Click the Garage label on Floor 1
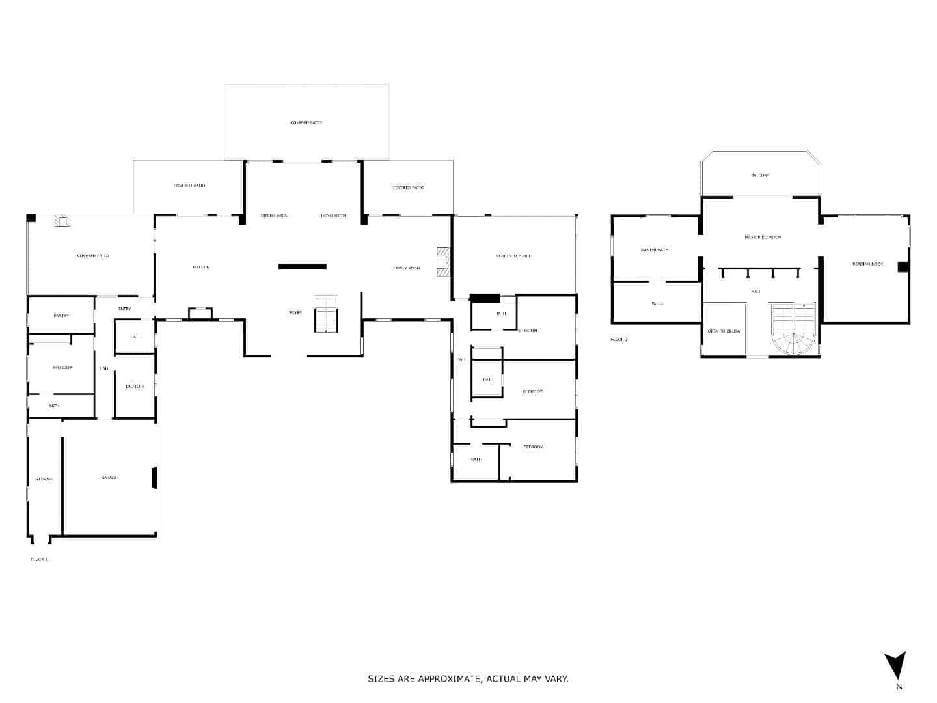(109, 478)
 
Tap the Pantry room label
(61, 316)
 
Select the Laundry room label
(135, 387)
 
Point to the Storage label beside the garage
(44, 479)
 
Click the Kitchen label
(200, 267)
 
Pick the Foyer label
(295, 313)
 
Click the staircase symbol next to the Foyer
(326, 314)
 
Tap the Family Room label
(407, 268)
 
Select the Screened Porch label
(513, 256)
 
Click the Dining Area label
(274, 215)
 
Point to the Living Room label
(332, 215)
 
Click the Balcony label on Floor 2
(760, 175)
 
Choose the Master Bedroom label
(763, 237)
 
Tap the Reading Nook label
(867, 264)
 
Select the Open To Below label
(724, 331)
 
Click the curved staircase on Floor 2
(793, 331)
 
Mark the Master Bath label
(654, 250)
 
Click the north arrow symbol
(895, 666)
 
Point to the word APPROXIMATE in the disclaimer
(447, 679)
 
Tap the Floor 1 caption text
(39, 559)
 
